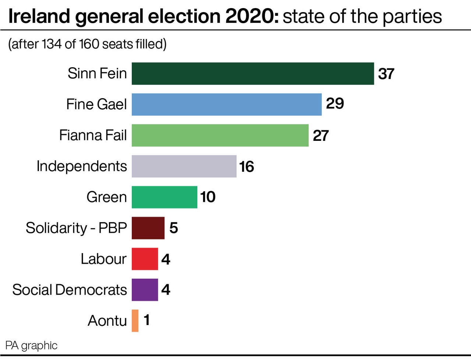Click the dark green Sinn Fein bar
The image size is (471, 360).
[253, 74]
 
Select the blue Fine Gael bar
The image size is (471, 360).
[227, 104]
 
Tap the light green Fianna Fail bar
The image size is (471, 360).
[220, 135]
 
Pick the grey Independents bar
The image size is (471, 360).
[184, 166]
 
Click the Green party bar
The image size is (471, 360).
[164, 197]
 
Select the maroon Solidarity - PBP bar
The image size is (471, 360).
[148, 228]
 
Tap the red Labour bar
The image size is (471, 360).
[145, 259]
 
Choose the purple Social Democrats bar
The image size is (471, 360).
[145, 290]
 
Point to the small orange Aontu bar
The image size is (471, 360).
[135, 321]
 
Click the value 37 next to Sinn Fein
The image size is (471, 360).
[386, 74]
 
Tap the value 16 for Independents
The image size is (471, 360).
[247, 167]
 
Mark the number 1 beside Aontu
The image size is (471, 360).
[147, 320]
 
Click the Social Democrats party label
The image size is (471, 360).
[70, 290]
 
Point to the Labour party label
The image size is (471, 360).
[103, 259]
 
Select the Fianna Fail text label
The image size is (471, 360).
[93, 135]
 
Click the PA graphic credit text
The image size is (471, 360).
[31, 346]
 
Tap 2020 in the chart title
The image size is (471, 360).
[252, 17]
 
